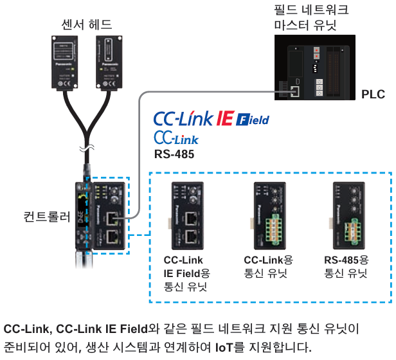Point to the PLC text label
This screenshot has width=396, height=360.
[x=373, y=94]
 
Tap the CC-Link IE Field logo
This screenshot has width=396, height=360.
[x=211, y=118]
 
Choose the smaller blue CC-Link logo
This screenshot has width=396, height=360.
[x=176, y=138]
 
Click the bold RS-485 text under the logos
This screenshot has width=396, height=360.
[x=174, y=154]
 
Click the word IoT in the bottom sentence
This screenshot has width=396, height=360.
[x=224, y=348]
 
